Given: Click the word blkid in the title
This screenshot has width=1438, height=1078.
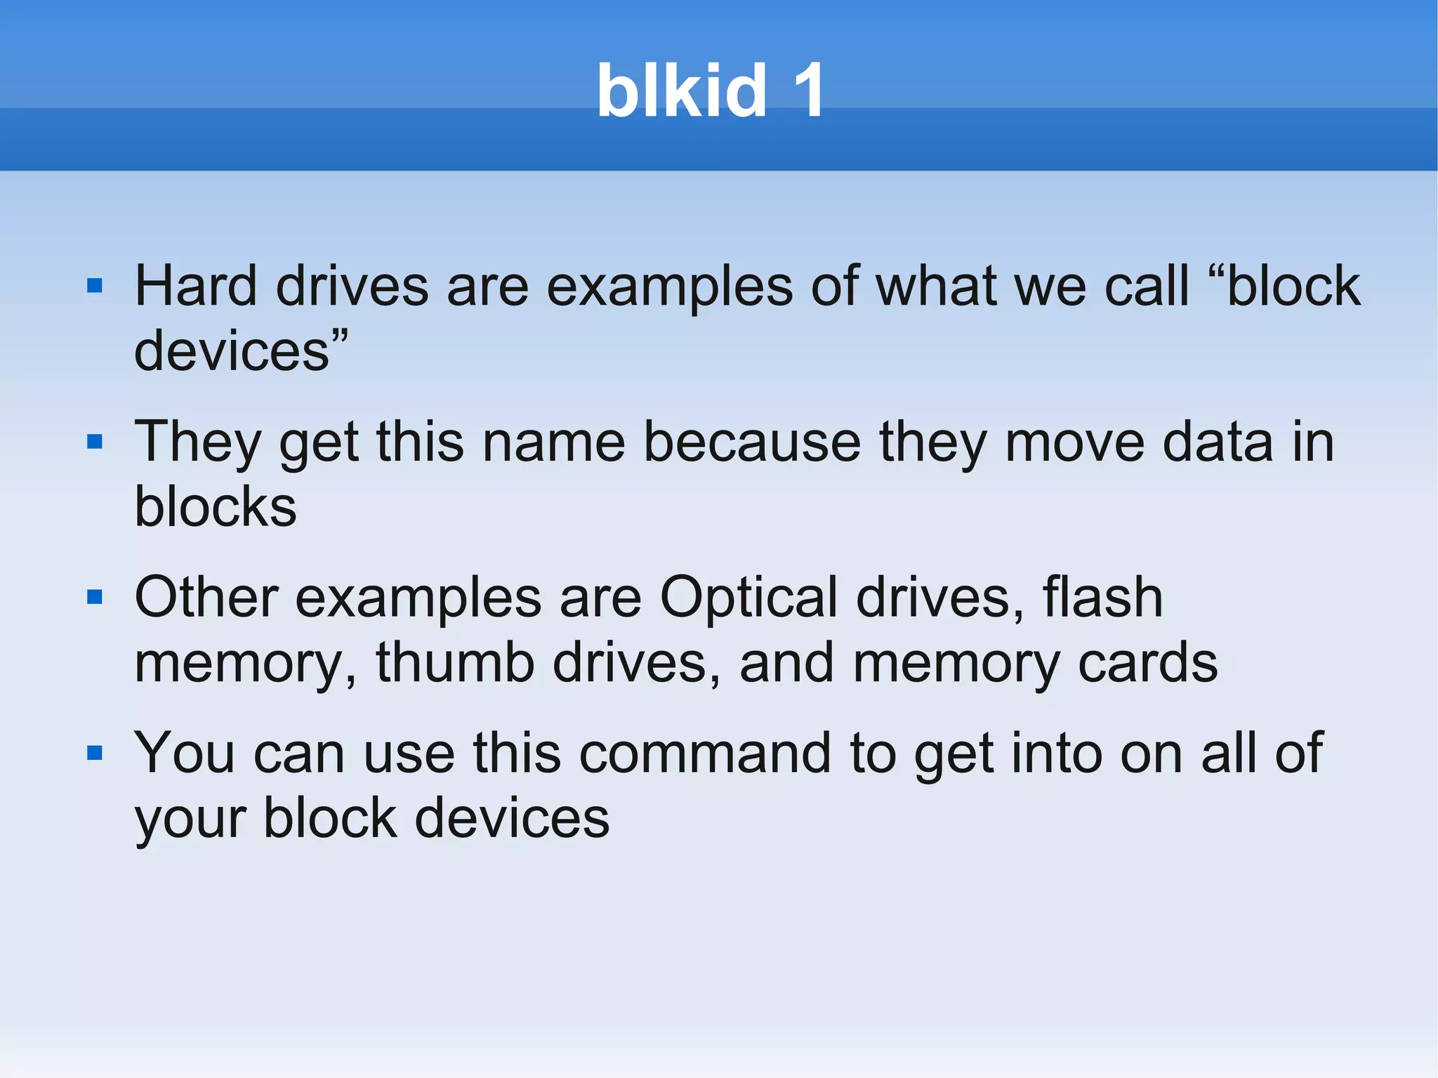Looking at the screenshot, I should (x=681, y=91).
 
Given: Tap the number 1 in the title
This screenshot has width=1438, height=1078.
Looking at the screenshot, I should (x=807, y=91).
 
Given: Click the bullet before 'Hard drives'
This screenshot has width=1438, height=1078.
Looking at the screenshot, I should (x=95, y=286).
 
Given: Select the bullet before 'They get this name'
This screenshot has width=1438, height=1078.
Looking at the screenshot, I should (x=95, y=442).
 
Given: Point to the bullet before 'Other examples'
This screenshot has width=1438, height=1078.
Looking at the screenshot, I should (x=95, y=598).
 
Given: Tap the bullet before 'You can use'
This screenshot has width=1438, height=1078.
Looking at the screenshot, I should (x=95, y=754).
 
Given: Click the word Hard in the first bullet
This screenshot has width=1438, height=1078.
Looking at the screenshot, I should (x=196, y=286).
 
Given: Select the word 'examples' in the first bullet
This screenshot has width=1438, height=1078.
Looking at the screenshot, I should (x=669, y=287).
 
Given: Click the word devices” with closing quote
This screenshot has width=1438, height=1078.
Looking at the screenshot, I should (x=241, y=350).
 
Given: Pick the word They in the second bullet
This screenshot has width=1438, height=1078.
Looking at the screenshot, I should (x=197, y=443).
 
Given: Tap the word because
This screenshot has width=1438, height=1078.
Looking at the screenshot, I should (x=752, y=442).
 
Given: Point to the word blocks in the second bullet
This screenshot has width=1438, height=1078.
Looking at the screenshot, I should (x=216, y=506).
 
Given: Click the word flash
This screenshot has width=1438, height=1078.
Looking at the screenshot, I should (x=1102, y=598).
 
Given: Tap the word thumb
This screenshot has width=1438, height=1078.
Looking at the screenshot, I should (x=455, y=662).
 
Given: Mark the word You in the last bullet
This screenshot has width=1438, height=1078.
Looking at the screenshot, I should (x=185, y=754).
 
